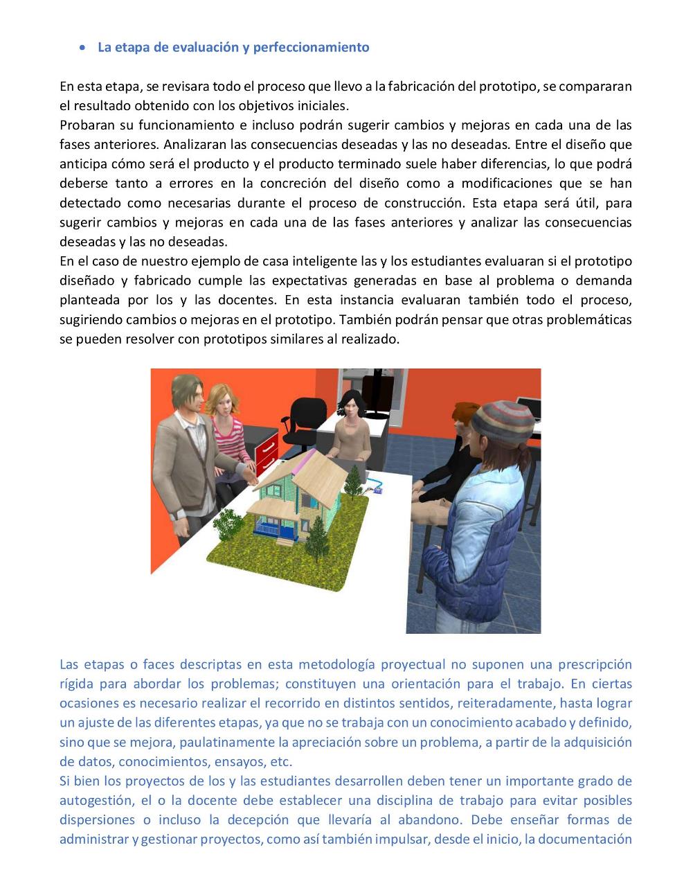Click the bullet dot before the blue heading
83,48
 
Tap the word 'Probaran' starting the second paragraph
84,125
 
